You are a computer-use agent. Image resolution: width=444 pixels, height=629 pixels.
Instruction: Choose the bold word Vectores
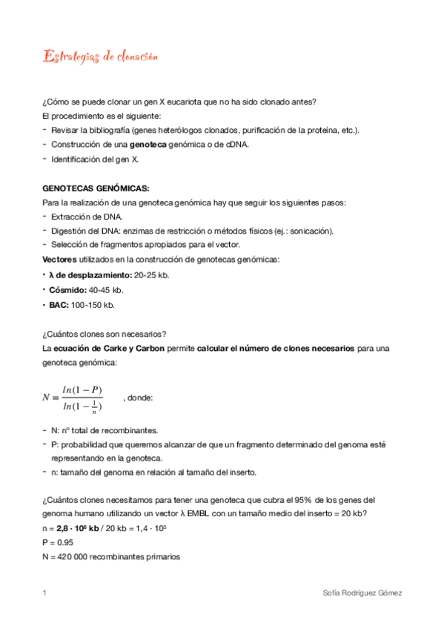[x=63, y=259]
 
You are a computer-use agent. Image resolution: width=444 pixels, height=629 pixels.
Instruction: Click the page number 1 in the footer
[x=45, y=593]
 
